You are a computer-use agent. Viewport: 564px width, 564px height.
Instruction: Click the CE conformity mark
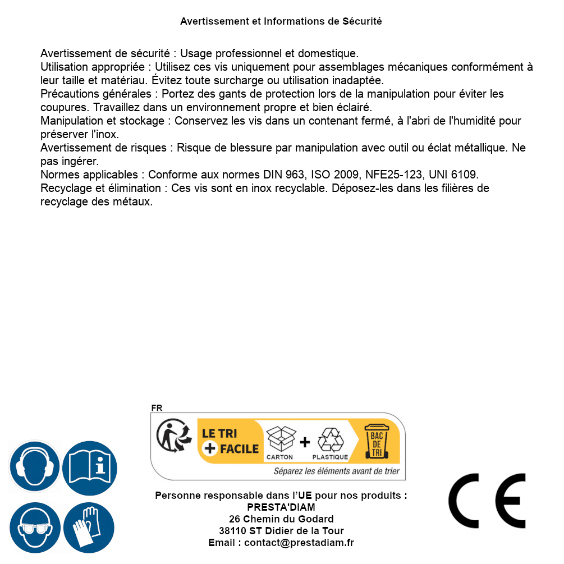point(487,501)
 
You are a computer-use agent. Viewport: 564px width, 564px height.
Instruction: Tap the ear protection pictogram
point(34,466)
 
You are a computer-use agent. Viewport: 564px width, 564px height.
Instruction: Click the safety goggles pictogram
point(34,528)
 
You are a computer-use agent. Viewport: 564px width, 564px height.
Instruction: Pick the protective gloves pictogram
point(89,528)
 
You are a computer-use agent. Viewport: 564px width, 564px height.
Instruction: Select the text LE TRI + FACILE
point(231,441)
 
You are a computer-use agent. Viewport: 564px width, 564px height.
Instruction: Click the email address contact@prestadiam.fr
point(299,543)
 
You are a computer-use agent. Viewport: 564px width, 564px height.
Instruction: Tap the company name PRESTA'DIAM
point(281,507)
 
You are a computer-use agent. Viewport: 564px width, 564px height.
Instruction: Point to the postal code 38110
point(233,531)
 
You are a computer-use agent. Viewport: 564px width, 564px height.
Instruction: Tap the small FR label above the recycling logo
point(157,408)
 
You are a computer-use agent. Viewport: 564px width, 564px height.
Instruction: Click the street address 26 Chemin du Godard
point(281,519)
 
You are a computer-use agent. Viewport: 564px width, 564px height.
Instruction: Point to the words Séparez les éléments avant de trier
point(337,471)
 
